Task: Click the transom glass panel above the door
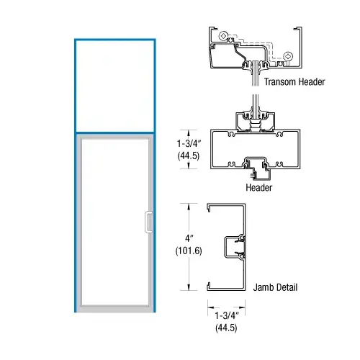click(115, 86)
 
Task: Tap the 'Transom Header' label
click(294, 82)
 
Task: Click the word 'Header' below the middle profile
click(259, 187)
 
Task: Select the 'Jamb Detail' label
click(275, 287)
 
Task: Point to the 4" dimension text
click(189, 238)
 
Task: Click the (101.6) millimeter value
click(189, 251)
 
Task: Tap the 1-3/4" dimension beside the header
click(189, 143)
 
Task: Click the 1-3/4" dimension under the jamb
click(227, 315)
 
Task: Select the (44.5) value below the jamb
click(226, 328)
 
